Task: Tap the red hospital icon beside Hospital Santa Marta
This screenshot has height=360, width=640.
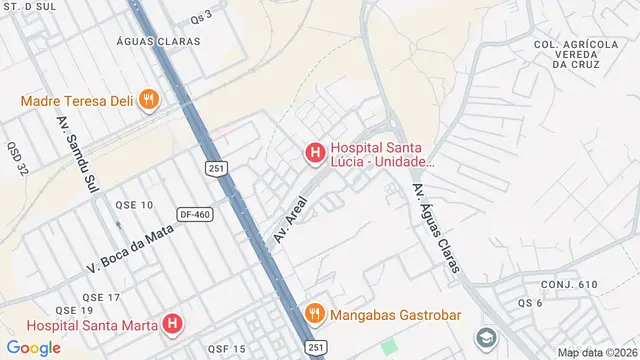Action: (173, 324)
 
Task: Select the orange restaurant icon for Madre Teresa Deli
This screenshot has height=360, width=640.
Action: (149, 99)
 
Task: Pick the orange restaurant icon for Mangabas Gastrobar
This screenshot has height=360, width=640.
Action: (315, 313)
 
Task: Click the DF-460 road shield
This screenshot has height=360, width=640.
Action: (195, 214)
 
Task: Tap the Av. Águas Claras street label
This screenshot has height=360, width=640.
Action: (436, 229)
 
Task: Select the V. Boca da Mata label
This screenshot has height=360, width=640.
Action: (131, 247)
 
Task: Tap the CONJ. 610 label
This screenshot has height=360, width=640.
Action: (573, 285)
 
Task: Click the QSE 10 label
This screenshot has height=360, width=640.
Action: (134, 205)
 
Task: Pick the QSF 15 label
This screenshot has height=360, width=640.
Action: (226, 348)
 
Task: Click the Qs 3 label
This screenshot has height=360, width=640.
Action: (201, 16)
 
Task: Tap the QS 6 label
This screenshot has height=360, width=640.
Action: (530, 303)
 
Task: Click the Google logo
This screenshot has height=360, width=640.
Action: (33, 347)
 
